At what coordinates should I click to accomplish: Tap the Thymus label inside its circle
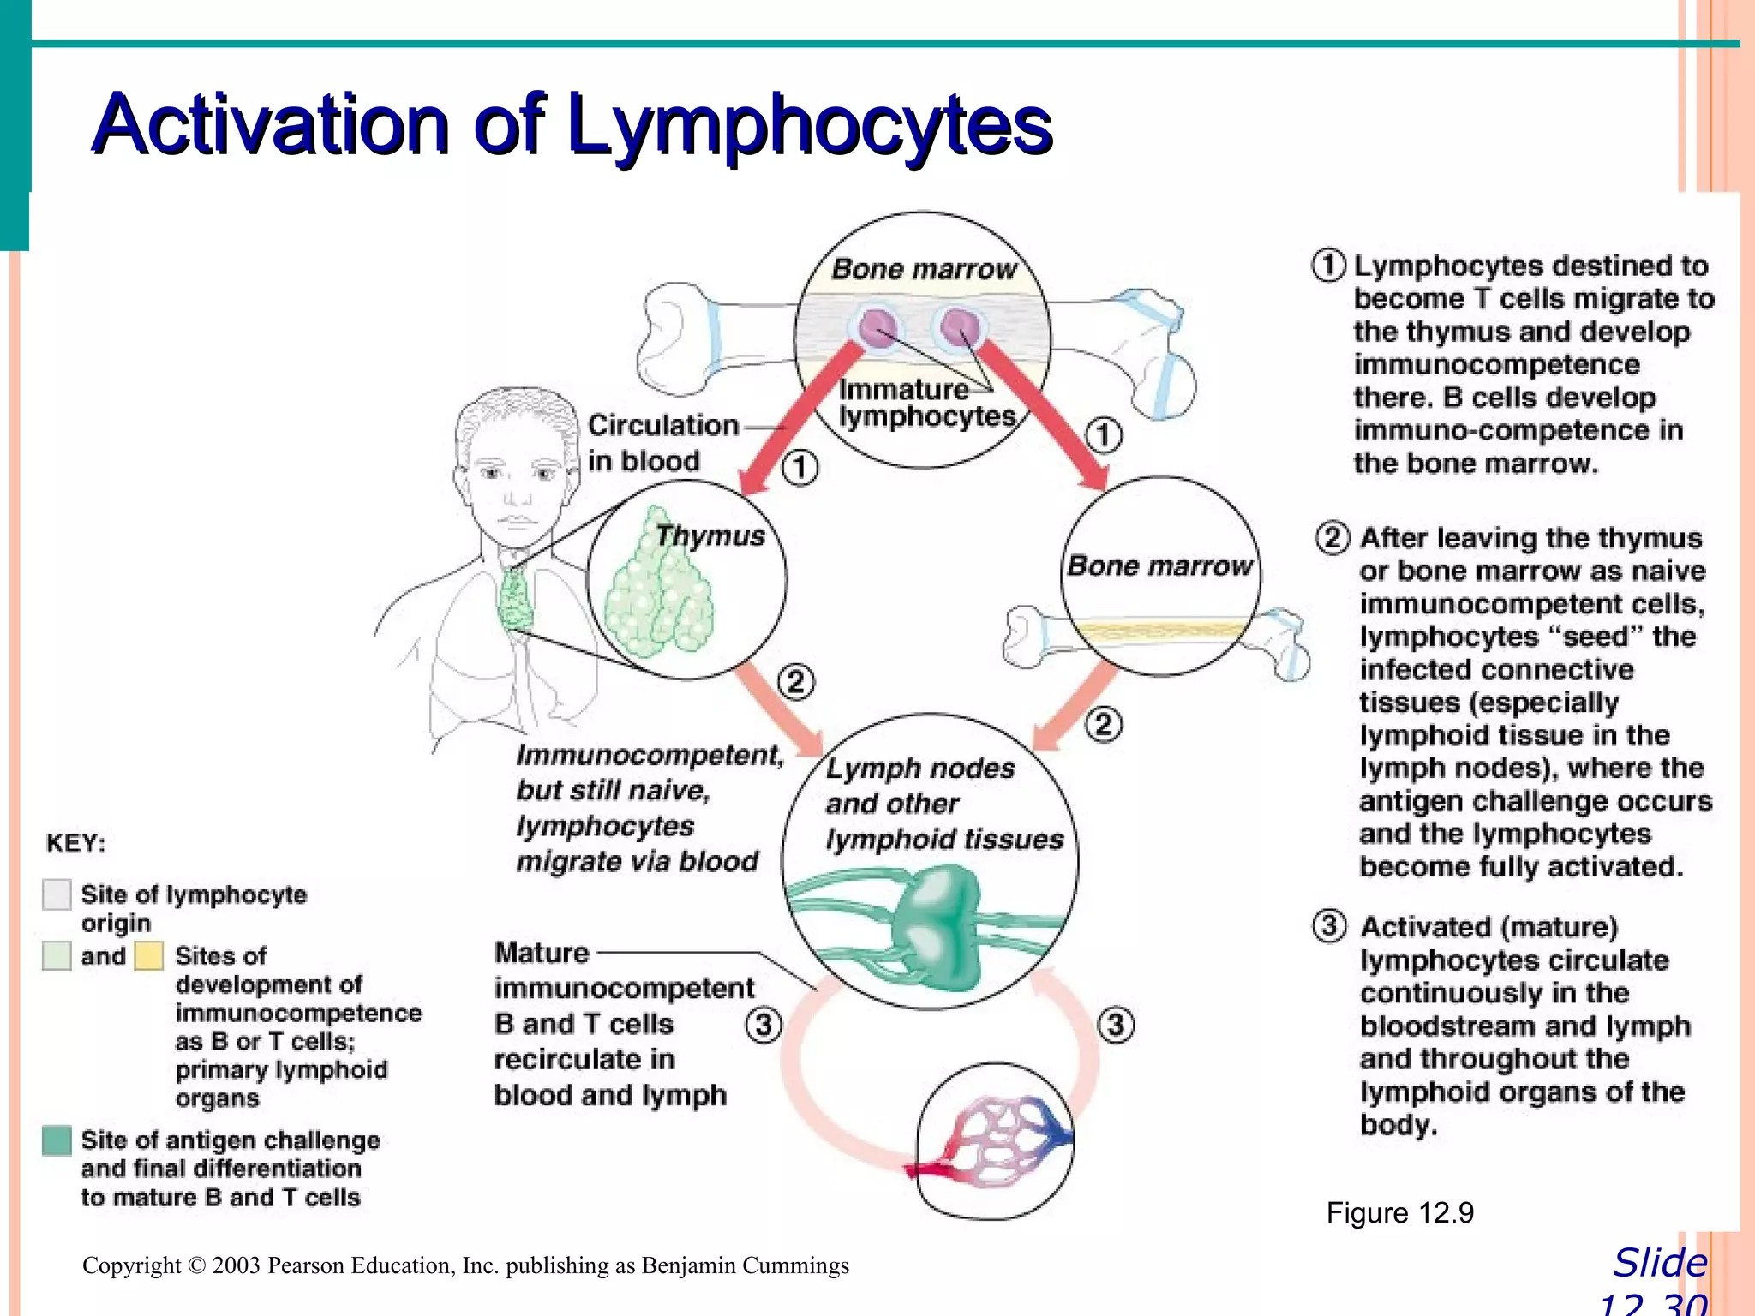[710, 535]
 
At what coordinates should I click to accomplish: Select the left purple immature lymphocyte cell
[877, 328]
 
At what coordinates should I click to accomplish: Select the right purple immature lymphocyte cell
[959, 326]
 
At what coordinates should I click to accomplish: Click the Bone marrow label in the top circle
[923, 269]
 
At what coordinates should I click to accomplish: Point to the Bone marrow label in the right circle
[1159, 566]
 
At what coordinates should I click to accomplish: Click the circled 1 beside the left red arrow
[800, 468]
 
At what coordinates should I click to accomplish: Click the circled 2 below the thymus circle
[796, 682]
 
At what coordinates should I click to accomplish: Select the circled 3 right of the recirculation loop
[1116, 1025]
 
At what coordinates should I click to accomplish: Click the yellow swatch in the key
[149, 956]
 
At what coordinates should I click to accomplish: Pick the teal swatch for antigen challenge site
[57, 1140]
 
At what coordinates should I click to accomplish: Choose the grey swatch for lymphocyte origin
[57, 894]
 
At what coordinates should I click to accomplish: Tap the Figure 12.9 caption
[1399, 1213]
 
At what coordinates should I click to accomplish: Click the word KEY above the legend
[75, 843]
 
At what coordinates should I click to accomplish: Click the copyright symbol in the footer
[196, 1265]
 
